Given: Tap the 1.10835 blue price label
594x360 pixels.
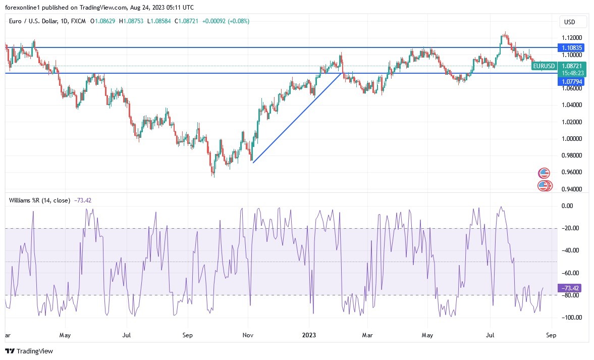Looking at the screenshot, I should (572, 47).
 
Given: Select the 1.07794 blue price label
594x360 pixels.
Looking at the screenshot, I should (572, 81).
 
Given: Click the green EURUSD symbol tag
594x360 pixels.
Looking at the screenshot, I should (544, 66).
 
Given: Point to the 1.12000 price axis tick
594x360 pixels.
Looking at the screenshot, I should (572, 38).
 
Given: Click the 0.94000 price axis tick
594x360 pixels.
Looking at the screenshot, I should (572, 189).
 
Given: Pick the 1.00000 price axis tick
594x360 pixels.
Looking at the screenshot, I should (572, 139).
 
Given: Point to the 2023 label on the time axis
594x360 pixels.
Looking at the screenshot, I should (309, 335).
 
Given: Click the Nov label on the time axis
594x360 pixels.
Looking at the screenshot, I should (248, 335).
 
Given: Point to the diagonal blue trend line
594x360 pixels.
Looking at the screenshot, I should (297, 118).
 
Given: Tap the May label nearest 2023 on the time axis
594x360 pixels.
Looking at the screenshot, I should (427, 335).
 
